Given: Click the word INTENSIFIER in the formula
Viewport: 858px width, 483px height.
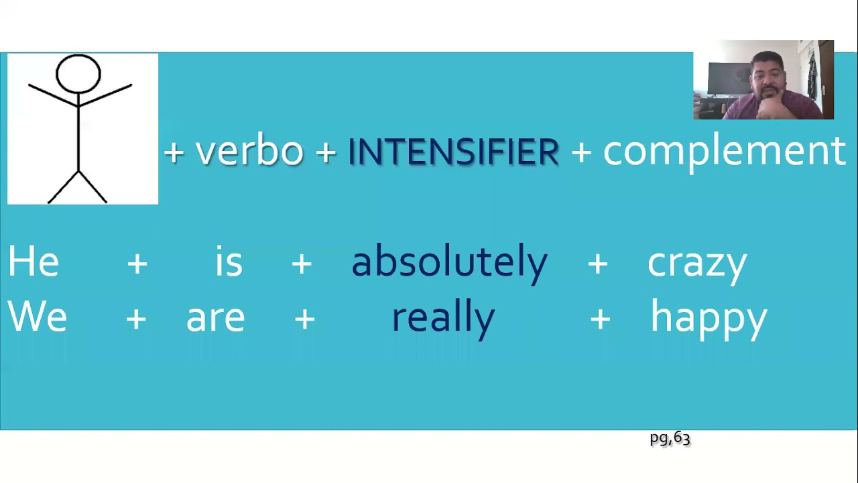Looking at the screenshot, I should click(453, 152).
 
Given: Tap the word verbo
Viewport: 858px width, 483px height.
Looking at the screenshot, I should click(249, 152).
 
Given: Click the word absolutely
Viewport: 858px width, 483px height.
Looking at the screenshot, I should click(449, 262).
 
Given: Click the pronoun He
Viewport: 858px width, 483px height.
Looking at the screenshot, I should click(34, 262).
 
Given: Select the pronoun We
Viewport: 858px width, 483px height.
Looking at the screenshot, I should click(38, 317).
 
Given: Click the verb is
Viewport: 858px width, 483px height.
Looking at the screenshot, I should click(229, 262).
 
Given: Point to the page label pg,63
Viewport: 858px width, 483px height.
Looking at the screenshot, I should click(670, 439).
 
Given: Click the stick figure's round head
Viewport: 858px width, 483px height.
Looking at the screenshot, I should click(78, 73).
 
